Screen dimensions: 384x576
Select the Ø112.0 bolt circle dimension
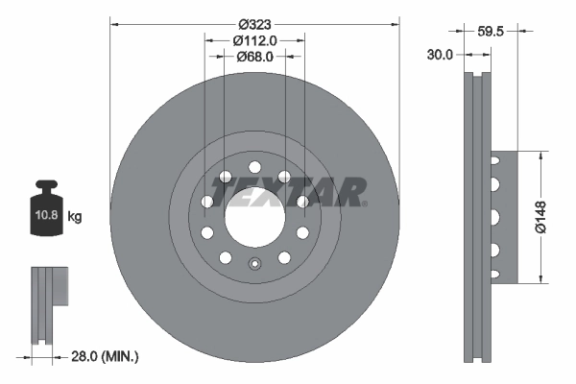click(x=254, y=40)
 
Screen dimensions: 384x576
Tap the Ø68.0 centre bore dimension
click(x=254, y=57)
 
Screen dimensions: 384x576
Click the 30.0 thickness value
click(x=439, y=56)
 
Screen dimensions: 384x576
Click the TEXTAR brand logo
click(x=289, y=192)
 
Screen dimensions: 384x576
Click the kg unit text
click(x=76, y=217)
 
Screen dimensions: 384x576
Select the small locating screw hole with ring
click(x=254, y=266)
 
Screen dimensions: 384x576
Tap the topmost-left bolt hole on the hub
click(x=225, y=177)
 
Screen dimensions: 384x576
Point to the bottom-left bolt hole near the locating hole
click(x=225, y=257)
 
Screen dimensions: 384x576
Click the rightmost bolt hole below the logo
click(x=302, y=232)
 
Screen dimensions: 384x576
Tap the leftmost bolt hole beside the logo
click(x=206, y=202)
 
